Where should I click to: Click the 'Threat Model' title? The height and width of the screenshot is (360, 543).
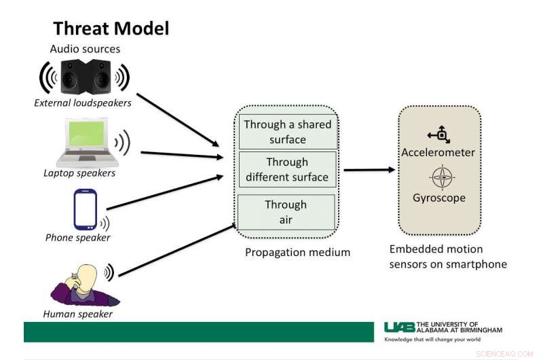point(111,29)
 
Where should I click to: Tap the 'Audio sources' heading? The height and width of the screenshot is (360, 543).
point(86,49)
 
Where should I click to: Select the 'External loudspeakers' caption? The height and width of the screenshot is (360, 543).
point(83,103)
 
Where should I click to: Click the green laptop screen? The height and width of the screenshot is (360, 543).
point(86,133)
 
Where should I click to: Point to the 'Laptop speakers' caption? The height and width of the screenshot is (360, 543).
point(79,173)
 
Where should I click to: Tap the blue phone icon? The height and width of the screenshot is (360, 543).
point(86,209)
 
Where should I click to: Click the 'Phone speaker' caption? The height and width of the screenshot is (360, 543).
point(77,238)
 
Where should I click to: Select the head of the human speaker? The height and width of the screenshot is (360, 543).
point(87,278)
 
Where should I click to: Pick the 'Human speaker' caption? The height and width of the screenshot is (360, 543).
point(77,314)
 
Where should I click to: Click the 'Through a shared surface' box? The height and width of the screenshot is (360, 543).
point(288,132)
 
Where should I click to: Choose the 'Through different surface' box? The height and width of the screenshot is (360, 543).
point(287,169)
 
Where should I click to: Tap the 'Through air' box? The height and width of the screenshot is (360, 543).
point(286,212)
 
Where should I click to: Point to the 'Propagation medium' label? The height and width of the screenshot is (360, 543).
point(297,252)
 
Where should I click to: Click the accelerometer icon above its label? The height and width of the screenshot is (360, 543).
point(439,134)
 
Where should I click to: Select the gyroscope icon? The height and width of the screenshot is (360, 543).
point(442,177)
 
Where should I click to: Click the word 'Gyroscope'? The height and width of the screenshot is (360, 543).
point(439,198)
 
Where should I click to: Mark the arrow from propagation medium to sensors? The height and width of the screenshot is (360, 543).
point(369,170)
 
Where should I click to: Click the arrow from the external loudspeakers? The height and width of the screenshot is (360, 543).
point(178,120)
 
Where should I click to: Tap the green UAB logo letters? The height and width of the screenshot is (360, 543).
point(399,327)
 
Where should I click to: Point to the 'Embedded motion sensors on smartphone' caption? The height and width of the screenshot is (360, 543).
point(448,257)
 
